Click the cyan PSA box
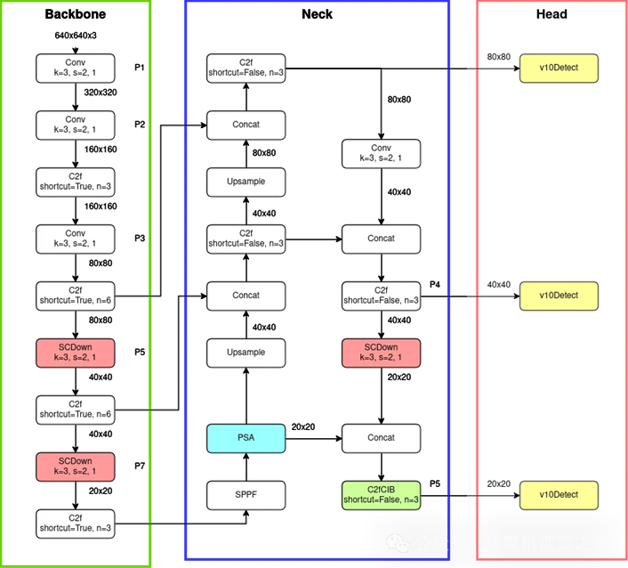[246, 438]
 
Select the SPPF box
[246, 495]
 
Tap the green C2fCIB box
[382, 495]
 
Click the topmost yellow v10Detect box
[559, 68]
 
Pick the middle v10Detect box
[559, 296]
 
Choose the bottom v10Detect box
[559, 495]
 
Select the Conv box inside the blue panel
[382, 153]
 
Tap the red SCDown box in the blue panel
[382, 353]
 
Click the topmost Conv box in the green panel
[76, 68]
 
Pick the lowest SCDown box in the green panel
[76, 467]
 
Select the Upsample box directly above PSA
[246, 353]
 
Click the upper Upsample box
[246, 182]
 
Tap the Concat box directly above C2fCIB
[382, 438]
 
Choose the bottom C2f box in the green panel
[76, 523]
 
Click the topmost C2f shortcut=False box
[246, 68]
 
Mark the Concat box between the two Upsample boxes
[246, 296]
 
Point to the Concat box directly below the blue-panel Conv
[382, 239]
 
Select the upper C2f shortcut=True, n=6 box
[76, 296]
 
